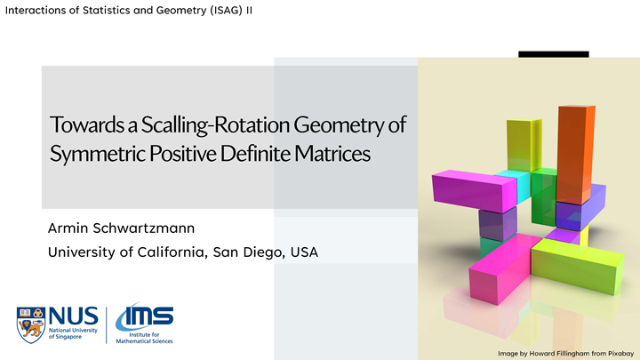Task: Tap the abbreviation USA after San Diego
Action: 304,252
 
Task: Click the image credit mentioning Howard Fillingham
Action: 565,353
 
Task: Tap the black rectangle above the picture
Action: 554,54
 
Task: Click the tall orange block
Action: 575,151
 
